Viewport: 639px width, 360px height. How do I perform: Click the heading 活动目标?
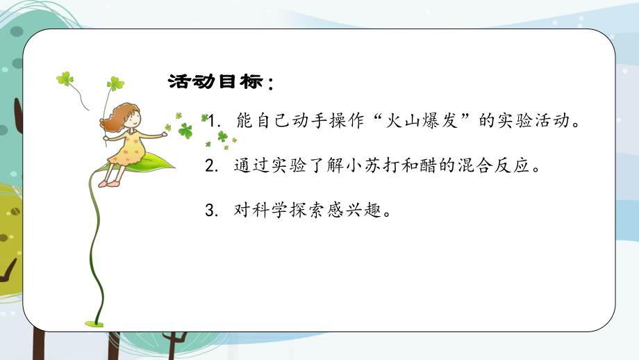(216, 83)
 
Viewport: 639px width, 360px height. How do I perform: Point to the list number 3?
(210, 210)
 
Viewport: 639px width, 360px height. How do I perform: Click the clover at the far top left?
(65, 79)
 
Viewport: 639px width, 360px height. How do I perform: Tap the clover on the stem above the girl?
(115, 83)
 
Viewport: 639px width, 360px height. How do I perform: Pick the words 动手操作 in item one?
(313, 120)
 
